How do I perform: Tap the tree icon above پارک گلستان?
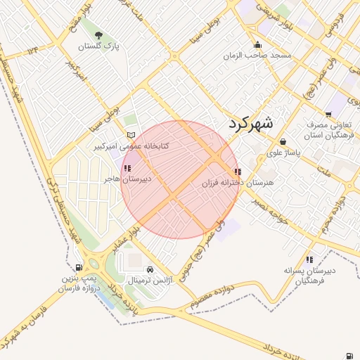click(98, 35)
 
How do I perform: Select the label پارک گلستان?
click(98, 46)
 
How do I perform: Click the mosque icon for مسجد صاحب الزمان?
click(257, 44)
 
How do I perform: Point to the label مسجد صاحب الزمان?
click(257, 55)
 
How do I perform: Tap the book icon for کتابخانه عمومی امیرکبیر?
click(130, 135)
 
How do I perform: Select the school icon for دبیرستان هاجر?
click(127, 169)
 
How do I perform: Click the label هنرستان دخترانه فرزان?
click(232, 184)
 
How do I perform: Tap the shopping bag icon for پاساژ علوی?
click(283, 142)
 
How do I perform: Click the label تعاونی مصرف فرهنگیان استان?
click(328, 130)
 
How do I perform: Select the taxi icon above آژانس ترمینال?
click(150, 269)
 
